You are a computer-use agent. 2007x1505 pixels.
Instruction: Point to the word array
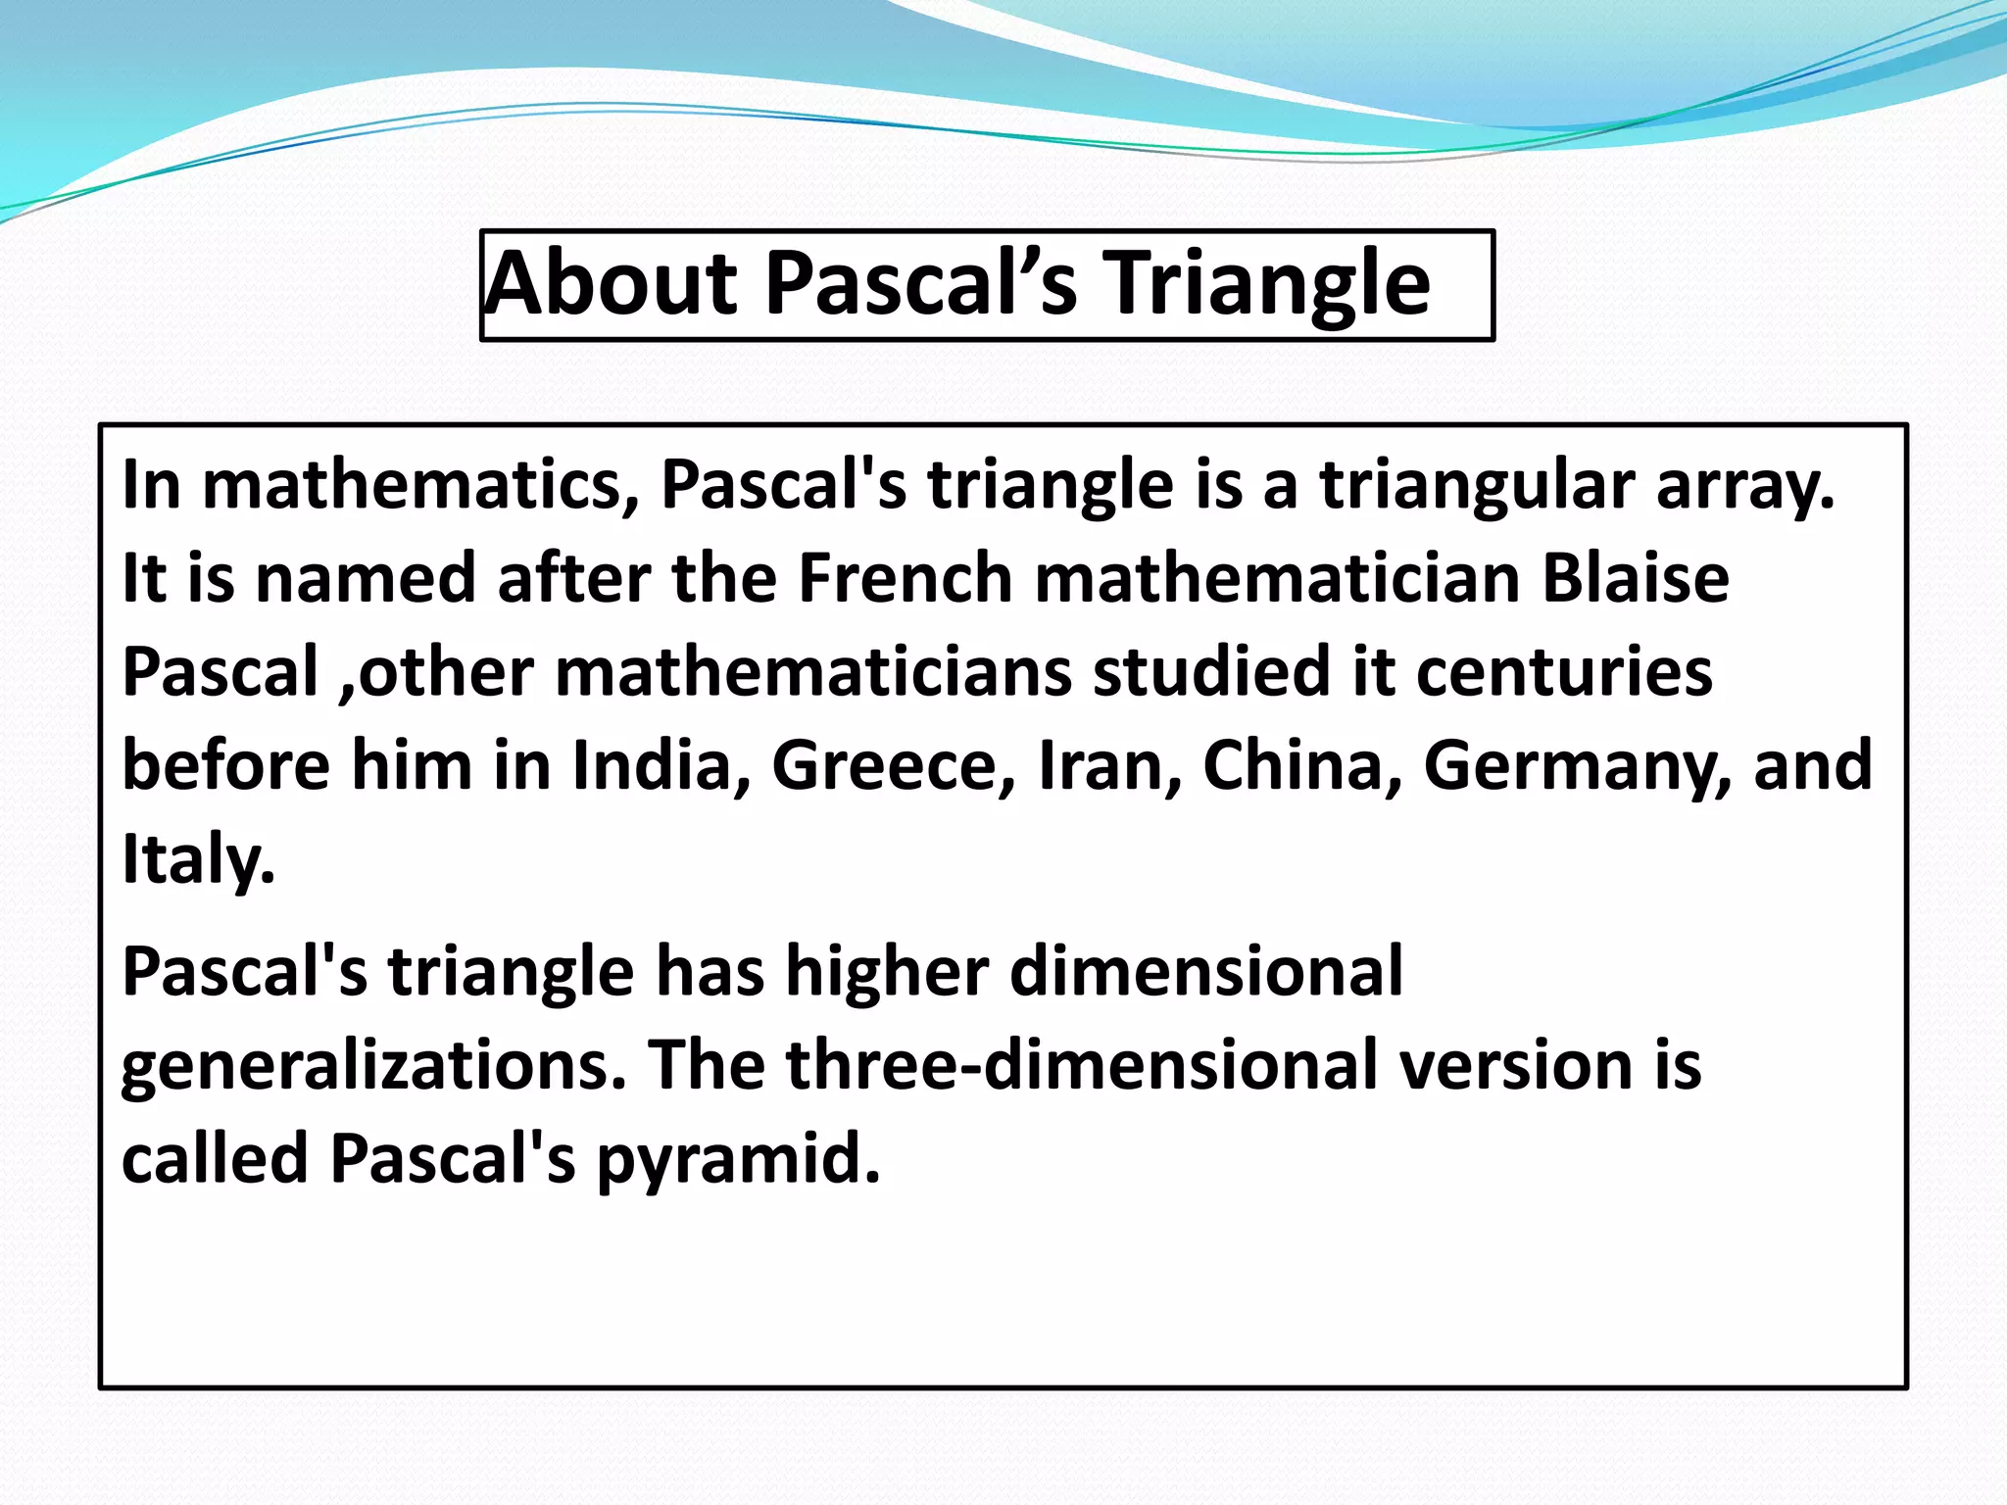click(x=1743, y=485)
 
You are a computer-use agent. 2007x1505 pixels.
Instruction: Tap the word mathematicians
click(x=812, y=672)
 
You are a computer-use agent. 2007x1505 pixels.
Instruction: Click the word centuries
click(x=1564, y=672)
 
